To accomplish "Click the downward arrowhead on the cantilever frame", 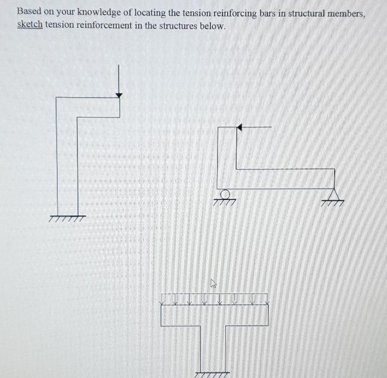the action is (119, 93).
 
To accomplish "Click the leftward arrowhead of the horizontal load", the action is (239, 127).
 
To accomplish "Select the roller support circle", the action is (224, 194).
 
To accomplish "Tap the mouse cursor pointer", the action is (213, 285).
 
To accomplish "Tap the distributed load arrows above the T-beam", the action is (215, 298).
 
